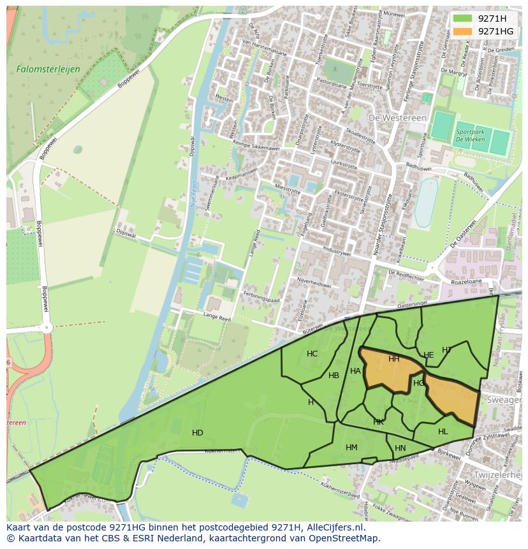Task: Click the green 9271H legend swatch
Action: [x=463, y=18]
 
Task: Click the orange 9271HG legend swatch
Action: [x=463, y=31]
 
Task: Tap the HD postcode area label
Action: [x=198, y=433]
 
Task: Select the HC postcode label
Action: [x=312, y=354]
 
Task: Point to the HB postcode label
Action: [x=334, y=376]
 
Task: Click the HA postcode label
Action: [x=355, y=371]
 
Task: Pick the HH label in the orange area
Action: [x=394, y=359]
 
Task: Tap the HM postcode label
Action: [x=351, y=448]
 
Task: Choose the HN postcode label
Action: [x=400, y=448]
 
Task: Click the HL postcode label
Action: [x=443, y=432]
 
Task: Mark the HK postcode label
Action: [x=379, y=422]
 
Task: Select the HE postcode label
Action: [x=429, y=355]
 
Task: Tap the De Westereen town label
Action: [x=392, y=117]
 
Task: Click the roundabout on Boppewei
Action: [x=45, y=328]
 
